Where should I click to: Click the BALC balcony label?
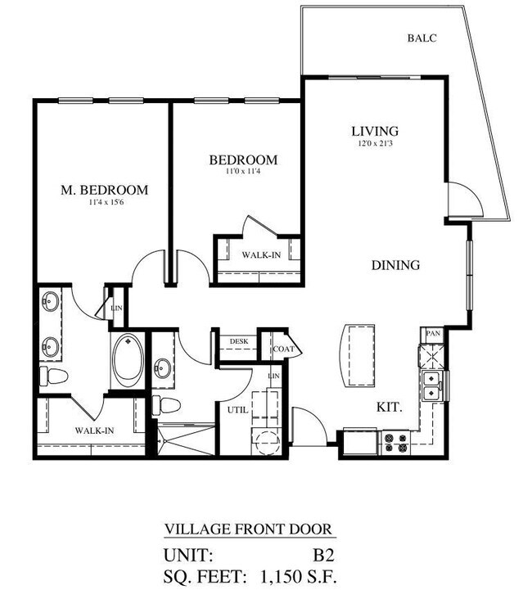click(422, 37)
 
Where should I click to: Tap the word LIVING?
click(374, 131)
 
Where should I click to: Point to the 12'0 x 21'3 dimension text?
click(374, 144)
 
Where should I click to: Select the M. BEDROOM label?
click(105, 190)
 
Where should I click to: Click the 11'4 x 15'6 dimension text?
click(105, 202)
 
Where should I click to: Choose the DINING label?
click(395, 265)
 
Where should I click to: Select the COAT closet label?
click(283, 348)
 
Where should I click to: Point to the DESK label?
click(238, 342)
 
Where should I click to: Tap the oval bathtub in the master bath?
click(127, 361)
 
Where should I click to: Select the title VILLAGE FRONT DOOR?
click(249, 529)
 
